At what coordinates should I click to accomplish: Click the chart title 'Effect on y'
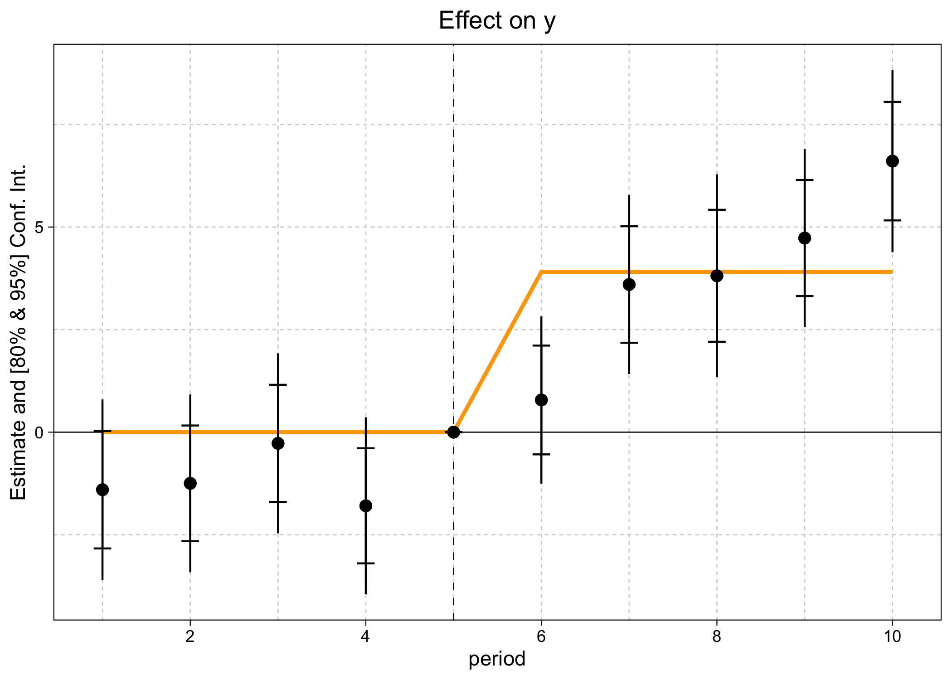coord(497,21)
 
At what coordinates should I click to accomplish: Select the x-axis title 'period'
coord(497,659)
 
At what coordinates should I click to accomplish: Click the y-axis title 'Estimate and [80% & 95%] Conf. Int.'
coord(19,332)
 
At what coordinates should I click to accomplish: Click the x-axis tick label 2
coord(190,637)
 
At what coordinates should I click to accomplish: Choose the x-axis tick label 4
coord(365,637)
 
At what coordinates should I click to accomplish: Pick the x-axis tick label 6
coord(541,637)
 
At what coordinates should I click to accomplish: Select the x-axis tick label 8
coord(716,637)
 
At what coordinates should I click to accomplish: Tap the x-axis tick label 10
coord(892,637)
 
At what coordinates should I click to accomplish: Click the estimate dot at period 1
coord(102,490)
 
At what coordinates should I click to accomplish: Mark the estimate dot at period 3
coord(278,443)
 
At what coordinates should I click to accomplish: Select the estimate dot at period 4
coord(366,506)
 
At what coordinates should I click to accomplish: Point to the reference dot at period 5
coord(453,432)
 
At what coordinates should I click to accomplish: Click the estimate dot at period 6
coord(541,400)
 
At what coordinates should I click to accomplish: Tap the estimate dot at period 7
coord(629,285)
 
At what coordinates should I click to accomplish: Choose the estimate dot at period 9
coord(805,238)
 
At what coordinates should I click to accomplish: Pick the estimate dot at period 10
coord(892,161)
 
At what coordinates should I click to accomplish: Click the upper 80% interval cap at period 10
coord(892,102)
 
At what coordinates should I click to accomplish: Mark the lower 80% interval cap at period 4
coord(366,563)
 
